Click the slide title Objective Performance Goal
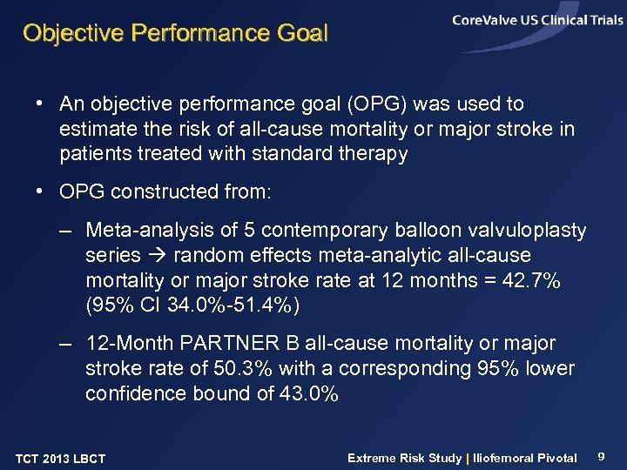click(x=175, y=34)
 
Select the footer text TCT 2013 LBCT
click(x=60, y=459)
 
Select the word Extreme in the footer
click(x=373, y=458)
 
